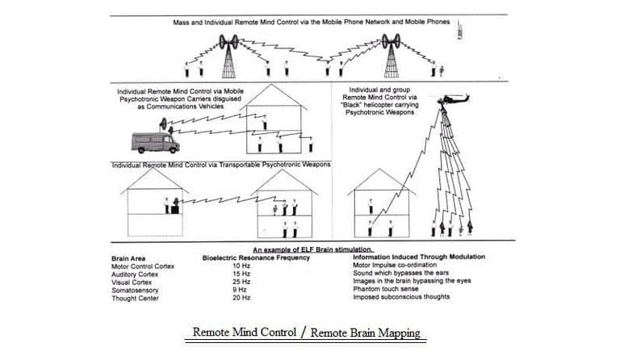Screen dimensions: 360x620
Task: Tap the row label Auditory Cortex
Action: coord(134,273)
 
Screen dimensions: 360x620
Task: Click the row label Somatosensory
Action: coord(134,289)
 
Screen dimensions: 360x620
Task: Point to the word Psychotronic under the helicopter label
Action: coord(369,114)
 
